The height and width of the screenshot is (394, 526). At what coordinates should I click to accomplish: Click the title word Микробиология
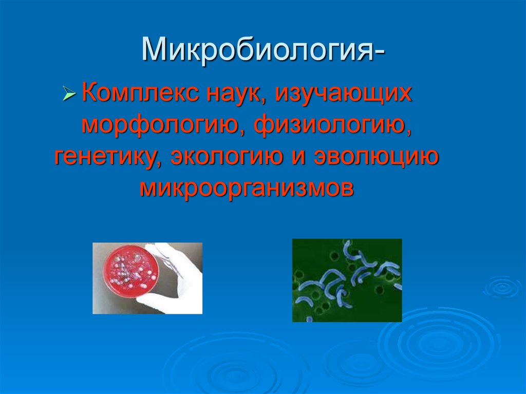click(257, 49)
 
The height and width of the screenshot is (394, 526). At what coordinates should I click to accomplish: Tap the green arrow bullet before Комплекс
click(69, 93)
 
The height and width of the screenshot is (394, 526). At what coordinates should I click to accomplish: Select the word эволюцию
click(376, 157)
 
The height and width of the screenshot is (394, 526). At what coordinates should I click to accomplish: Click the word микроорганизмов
click(247, 189)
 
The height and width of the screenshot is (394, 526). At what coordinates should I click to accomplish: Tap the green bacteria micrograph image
click(347, 280)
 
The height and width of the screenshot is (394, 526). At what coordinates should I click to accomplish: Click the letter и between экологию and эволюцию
click(298, 157)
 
